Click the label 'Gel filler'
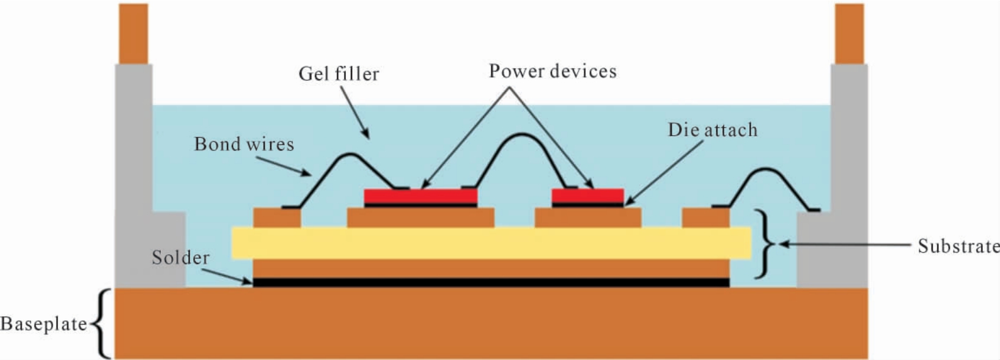pyautogui.click(x=339, y=74)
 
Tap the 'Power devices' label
pyautogui.click(x=553, y=71)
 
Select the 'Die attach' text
pyautogui.click(x=713, y=130)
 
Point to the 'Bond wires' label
pyautogui.click(x=244, y=144)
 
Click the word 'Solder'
pyautogui.click(x=180, y=258)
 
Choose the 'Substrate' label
pyautogui.click(x=958, y=246)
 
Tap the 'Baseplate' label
pyautogui.click(x=44, y=324)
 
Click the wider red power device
pyautogui.click(x=421, y=196)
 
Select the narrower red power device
pyautogui.click(x=587, y=196)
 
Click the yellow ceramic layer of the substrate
pyautogui.click(x=491, y=243)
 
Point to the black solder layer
pyautogui.click(x=491, y=282)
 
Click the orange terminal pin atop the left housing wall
pyautogui.click(x=133, y=34)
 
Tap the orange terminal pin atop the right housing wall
pyautogui.click(x=850, y=34)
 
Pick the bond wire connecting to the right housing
pyautogui.click(x=766, y=169)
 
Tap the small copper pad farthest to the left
pyautogui.click(x=277, y=218)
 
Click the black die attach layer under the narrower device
pyautogui.click(x=587, y=205)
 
